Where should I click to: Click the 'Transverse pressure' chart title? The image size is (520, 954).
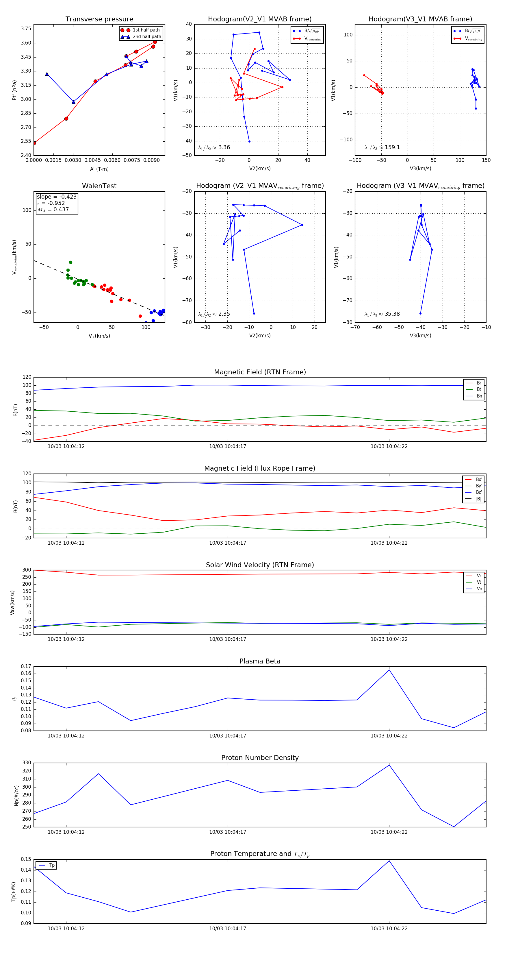tap(99, 19)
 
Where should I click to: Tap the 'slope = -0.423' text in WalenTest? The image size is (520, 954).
tap(57, 197)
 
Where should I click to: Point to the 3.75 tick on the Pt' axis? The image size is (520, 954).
tap(26, 29)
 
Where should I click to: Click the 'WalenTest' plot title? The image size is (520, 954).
tap(99, 186)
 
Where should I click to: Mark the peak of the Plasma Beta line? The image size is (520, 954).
tap(389, 670)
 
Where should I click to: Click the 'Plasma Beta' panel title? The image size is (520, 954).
tap(260, 661)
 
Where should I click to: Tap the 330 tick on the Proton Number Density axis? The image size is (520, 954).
tap(27, 763)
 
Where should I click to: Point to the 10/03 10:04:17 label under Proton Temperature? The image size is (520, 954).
tap(228, 929)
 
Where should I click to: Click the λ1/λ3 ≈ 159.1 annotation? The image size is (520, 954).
tap(382, 147)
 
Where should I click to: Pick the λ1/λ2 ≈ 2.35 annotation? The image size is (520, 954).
tap(214, 314)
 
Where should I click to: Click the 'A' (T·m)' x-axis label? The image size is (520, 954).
tap(99, 169)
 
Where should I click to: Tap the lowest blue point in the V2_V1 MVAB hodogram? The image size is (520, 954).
tap(249, 141)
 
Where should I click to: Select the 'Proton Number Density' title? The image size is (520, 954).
tap(260, 757)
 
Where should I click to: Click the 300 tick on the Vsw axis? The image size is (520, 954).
tap(27, 570)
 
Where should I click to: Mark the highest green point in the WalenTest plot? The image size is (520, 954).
tap(71, 262)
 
